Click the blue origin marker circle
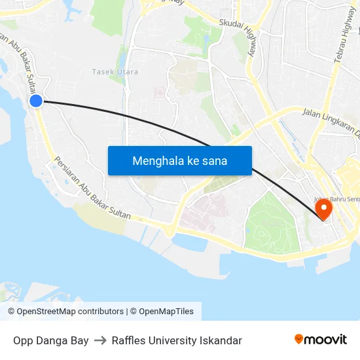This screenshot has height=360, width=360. (36, 100)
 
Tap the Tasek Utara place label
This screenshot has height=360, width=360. (115, 72)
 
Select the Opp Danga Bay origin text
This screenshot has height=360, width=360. (51, 340)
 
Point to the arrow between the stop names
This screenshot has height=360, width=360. (100, 340)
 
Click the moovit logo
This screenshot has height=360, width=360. (320, 339)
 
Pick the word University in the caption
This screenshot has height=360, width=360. (173, 340)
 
